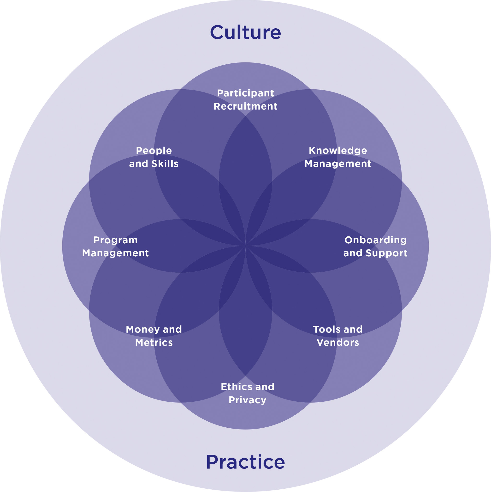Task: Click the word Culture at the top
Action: [245, 32]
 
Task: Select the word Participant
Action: [245, 93]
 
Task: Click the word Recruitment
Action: [245, 106]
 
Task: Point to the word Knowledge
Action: [338, 150]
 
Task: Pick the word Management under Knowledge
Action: [338, 164]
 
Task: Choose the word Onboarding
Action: [375, 240]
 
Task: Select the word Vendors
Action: [338, 343]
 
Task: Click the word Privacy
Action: [247, 400]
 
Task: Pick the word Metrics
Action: [154, 343]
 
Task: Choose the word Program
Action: [115, 240]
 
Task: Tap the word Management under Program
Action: [115, 253]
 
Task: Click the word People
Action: [154, 150]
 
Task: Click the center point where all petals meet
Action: [245, 246]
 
